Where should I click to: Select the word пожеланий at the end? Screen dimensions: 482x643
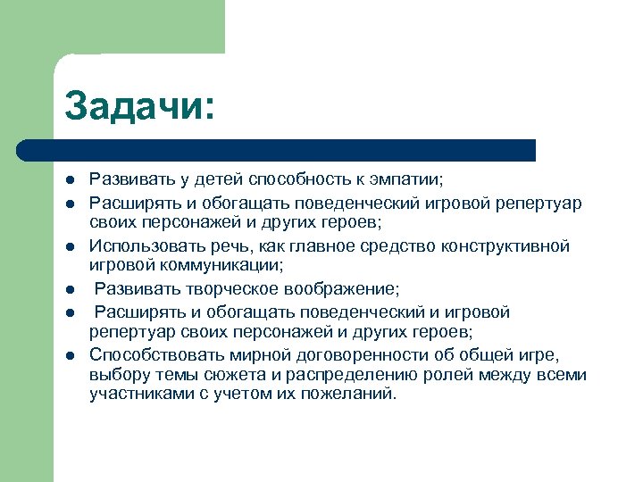click(354, 395)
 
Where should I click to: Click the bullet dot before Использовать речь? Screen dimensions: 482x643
click(69, 246)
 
